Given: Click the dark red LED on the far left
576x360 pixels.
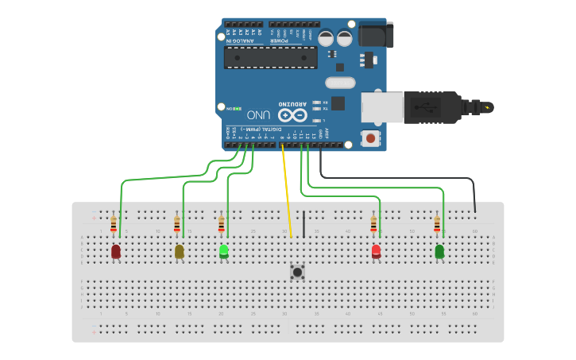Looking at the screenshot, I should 116,251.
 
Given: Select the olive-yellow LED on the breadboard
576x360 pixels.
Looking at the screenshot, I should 179,251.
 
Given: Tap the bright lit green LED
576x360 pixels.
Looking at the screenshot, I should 224,251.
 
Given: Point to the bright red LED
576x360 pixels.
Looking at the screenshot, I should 376,251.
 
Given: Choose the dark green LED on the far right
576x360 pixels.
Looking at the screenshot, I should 439,251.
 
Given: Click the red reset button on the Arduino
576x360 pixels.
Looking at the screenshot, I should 369,138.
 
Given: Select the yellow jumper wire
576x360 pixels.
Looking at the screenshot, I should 287,191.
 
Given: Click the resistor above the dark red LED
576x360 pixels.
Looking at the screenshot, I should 114,223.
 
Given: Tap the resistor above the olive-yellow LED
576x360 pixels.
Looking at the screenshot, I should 177,223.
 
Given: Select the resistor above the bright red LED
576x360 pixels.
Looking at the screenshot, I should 373,223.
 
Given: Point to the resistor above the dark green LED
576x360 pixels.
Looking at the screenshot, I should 437,223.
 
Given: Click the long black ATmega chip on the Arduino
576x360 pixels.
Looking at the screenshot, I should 270,57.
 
